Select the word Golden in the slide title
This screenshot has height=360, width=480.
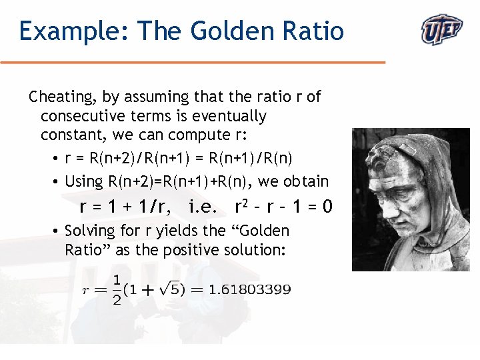click(223, 31)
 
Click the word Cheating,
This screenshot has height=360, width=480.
click(63, 97)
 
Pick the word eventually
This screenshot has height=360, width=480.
click(229, 116)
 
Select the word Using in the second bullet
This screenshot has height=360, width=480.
click(84, 181)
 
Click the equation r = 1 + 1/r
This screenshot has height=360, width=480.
click(125, 207)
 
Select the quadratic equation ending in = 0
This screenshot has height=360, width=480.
click(283, 207)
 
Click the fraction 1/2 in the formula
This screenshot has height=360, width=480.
click(117, 289)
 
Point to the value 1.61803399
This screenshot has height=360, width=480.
click(249, 289)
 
